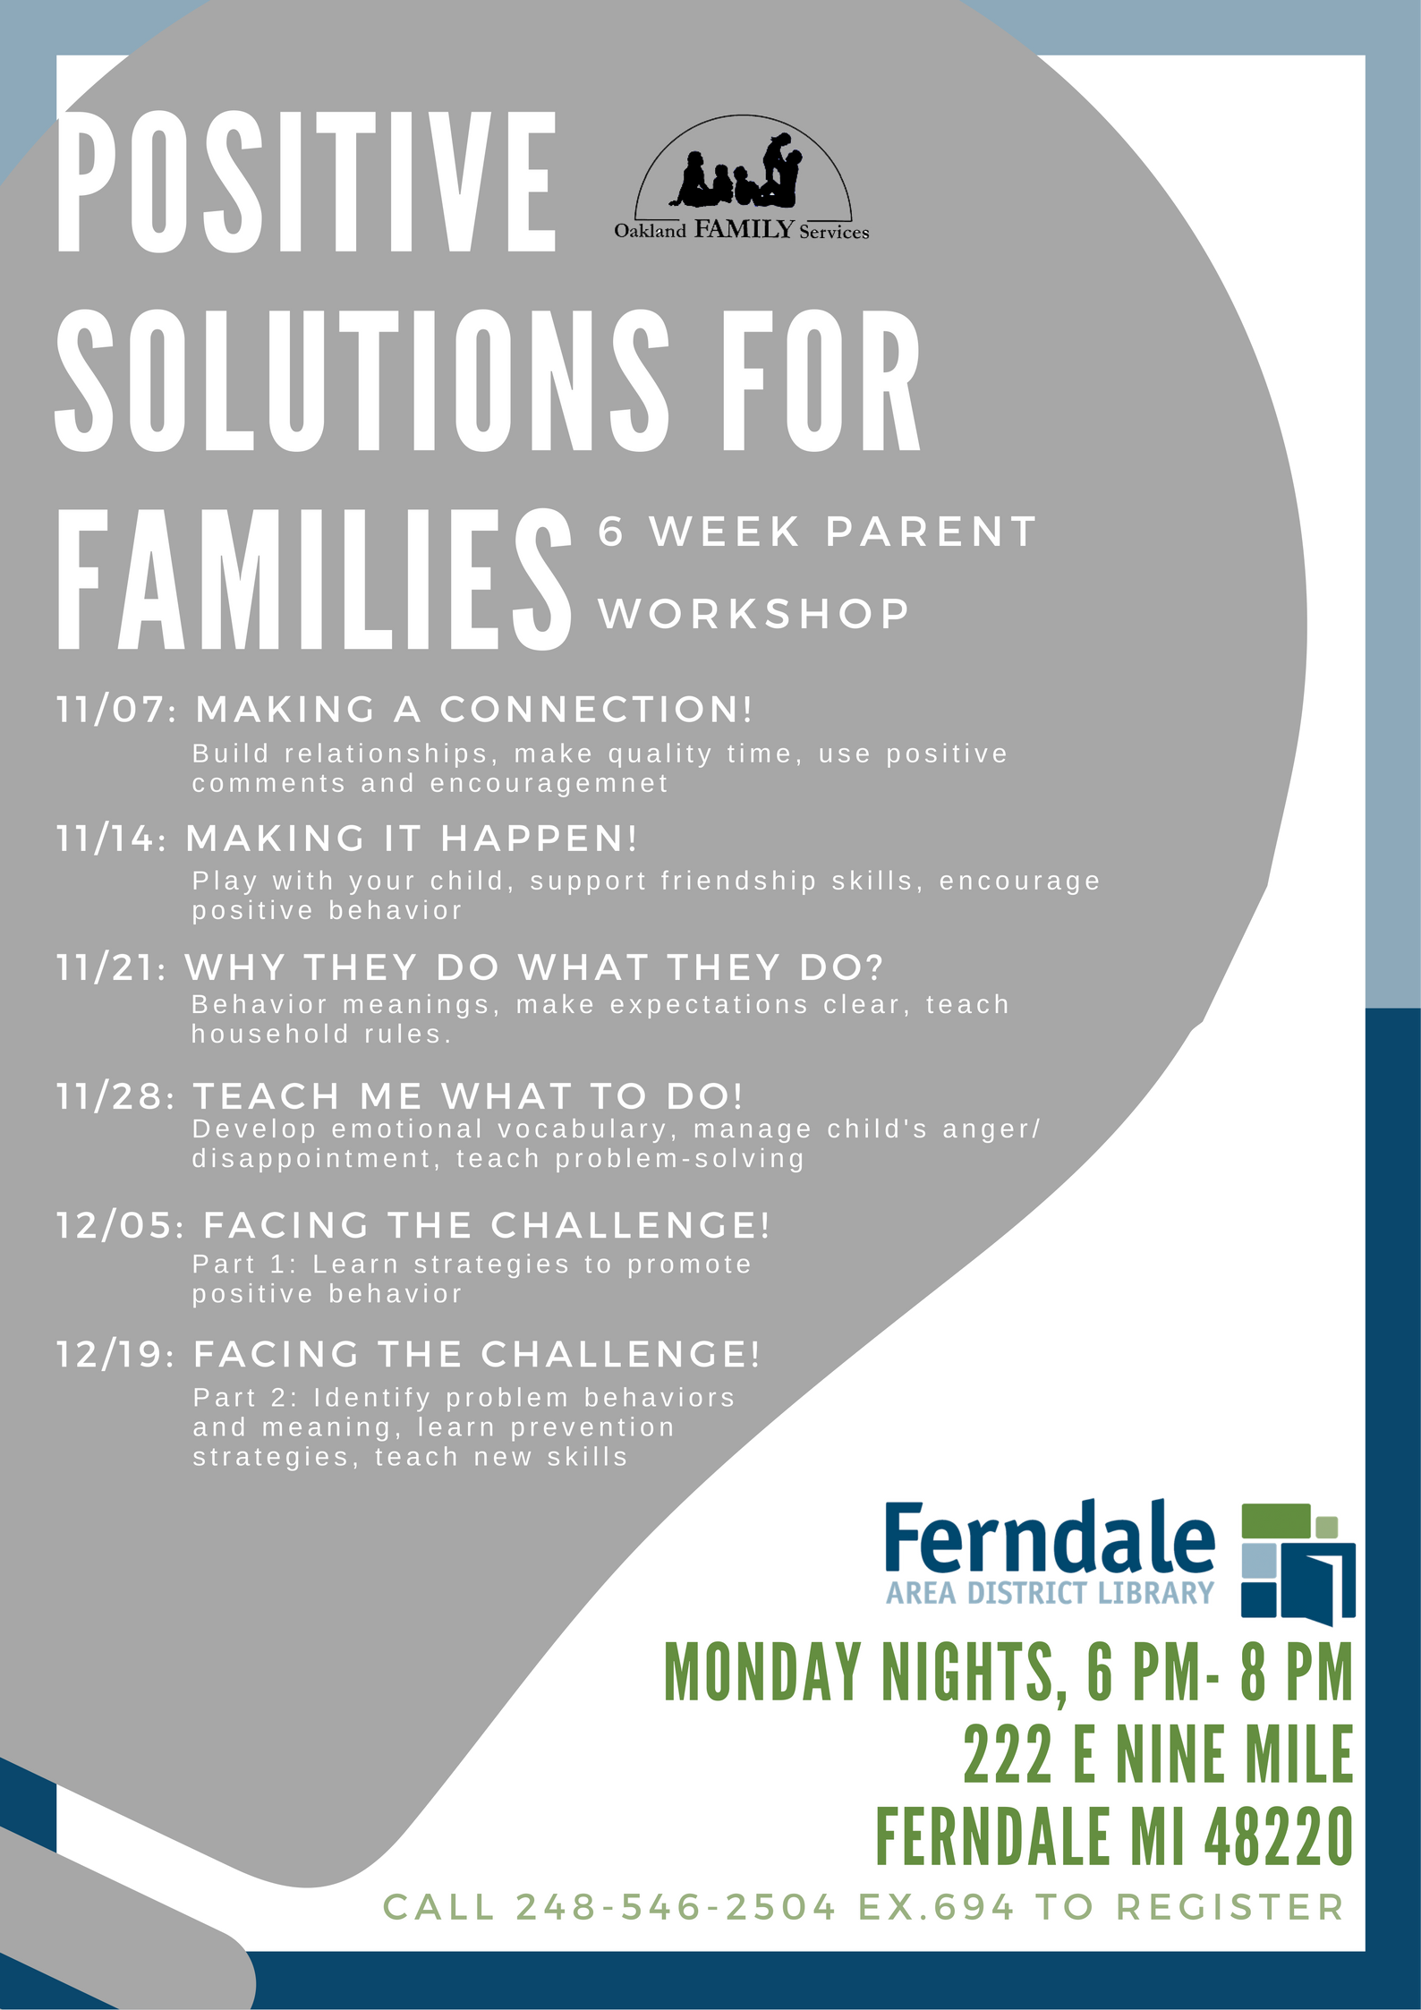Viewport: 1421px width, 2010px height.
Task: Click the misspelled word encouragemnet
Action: click(549, 784)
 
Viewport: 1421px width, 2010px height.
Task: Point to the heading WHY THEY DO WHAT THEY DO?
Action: click(534, 968)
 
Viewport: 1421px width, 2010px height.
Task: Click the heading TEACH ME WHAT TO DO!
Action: click(467, 1097)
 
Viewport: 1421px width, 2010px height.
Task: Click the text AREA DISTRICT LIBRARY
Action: click(1049, 1594)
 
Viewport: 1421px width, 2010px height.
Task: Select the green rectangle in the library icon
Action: click(1276, 1519)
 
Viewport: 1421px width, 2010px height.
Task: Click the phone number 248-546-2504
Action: click(676, 1908)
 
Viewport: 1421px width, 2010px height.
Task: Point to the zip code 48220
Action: click(1278, 1835)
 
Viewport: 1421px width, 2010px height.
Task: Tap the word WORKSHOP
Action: click(753, 615)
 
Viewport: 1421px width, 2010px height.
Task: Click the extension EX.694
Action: click(936, 1908)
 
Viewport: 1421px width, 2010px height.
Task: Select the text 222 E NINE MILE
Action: click(1158, 1756)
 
